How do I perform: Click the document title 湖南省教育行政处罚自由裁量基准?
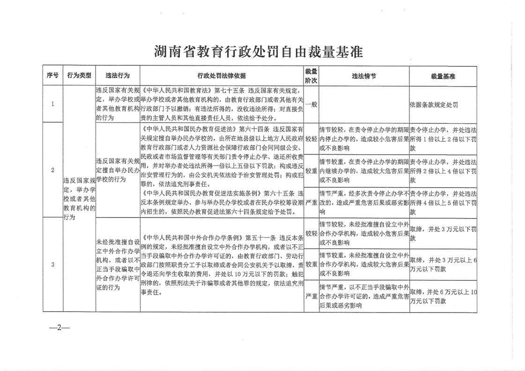click(x=259, y=51)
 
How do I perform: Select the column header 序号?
click(x=52, y=75)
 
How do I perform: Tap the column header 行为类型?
click(x=79, y=75)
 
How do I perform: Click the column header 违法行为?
click(x=117, y=75)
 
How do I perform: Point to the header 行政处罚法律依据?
click(x=222, y=76)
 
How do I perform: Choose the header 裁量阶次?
click(x=311, y=76)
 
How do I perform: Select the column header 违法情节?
click(x=363, y=76)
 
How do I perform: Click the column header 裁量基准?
click(x=443, y=76)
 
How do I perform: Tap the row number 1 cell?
click(x=52, y=104)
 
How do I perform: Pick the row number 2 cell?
click(x=52, y=170)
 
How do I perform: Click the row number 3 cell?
click(x=52, y=264)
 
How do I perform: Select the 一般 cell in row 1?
click(x=311, y=104)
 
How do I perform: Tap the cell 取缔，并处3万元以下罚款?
click(x=443, y=233)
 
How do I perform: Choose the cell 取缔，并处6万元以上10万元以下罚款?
click(x=443, y=297)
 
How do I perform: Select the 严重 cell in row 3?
click(x=311, y=296)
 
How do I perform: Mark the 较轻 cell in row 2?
click(x=311, y=139)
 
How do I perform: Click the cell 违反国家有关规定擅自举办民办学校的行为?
click(x=117, y=170)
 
